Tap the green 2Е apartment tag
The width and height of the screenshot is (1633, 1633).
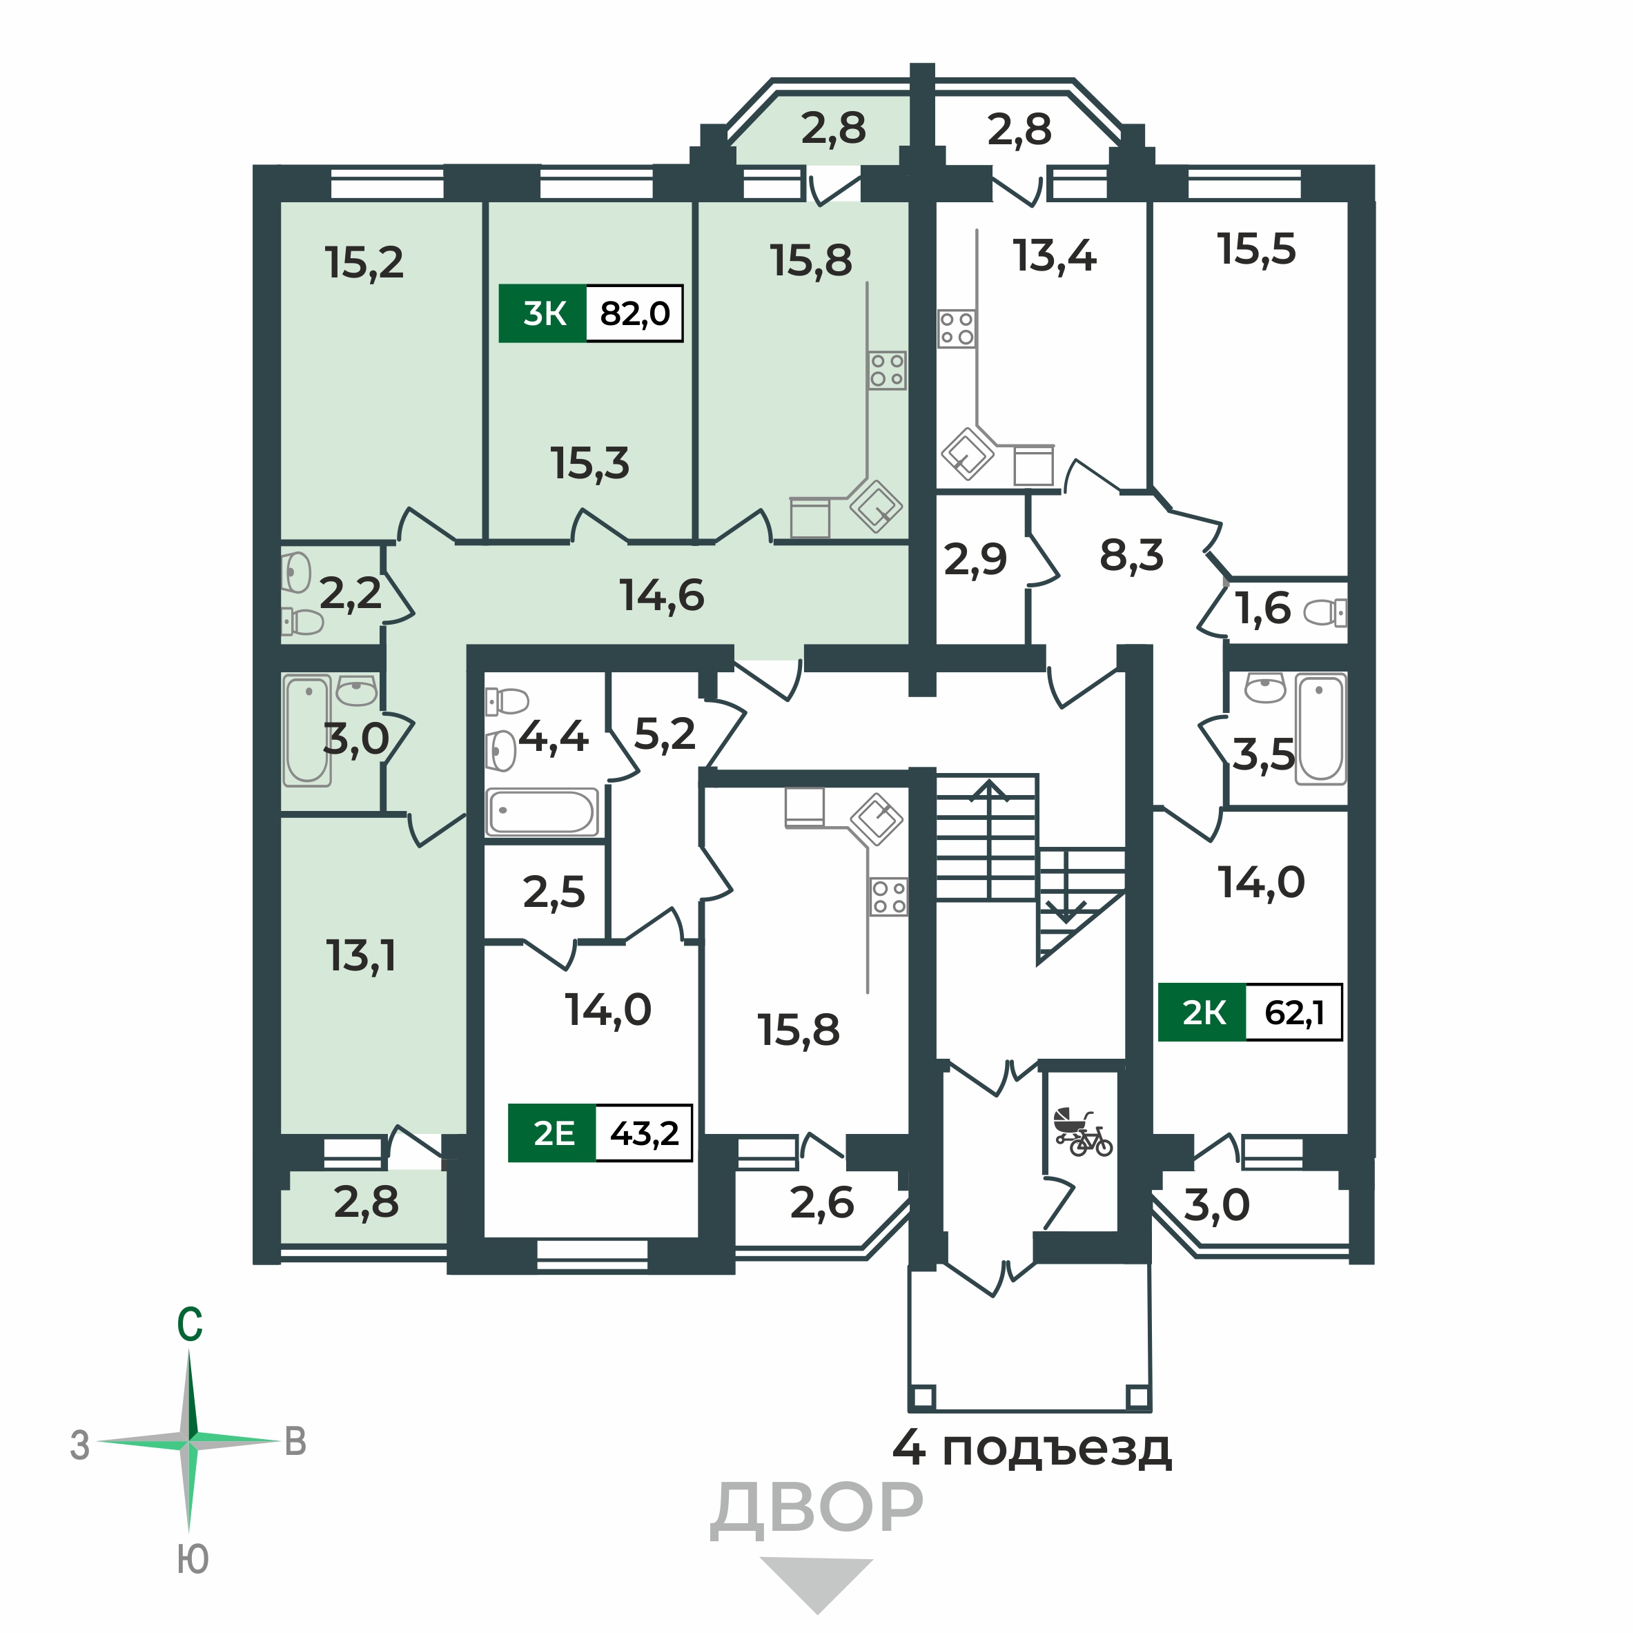[x=552, y=1133]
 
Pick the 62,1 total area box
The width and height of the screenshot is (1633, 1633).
[x=1294, y=1012]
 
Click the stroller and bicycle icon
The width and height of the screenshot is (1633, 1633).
[x=1083, y=1133]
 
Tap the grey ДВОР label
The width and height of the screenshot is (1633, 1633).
[x=816, y=1509]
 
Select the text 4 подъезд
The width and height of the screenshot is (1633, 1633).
[x=1032, y=1448]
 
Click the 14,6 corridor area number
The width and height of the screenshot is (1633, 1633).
[x=662, y=596]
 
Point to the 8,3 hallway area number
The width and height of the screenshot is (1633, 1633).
[x=1132, y=556]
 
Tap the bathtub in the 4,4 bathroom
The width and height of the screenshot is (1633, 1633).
[x=542, y=812]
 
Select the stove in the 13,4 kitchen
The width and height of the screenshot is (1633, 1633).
[x=957, y=329]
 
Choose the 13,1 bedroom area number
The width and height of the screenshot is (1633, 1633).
[x=361, y=957]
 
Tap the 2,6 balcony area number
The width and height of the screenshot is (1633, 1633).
[x=821, y=1203]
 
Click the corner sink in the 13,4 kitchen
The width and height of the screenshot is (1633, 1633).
[x=968, y=454]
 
